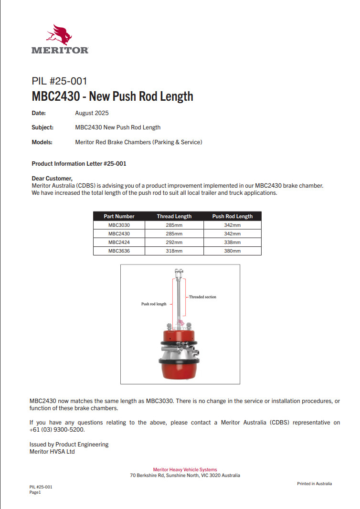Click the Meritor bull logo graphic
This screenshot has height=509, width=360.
[59, 34]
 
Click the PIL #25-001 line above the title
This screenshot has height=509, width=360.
[59, 81]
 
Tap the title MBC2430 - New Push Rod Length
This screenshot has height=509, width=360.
[112, 96]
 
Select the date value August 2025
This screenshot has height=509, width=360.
[92, 113]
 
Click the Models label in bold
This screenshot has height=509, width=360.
[42, 142]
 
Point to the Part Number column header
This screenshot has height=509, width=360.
[119, 216]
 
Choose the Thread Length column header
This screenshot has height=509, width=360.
[174, 216]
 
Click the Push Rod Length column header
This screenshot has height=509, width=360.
[232, 216]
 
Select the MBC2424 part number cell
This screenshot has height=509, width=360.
[119, 242]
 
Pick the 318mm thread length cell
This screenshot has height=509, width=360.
[174, 251]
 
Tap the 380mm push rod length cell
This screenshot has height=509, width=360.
[232, 251]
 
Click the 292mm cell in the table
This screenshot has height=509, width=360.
[174, 242]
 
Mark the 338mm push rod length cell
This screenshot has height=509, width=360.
[232, 242]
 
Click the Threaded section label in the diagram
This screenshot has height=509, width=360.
[202, 297]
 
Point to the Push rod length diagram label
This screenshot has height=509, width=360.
[154, 304]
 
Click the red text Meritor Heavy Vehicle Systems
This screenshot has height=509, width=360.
[185, 470]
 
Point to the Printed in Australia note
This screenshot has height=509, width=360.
[314, 484]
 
